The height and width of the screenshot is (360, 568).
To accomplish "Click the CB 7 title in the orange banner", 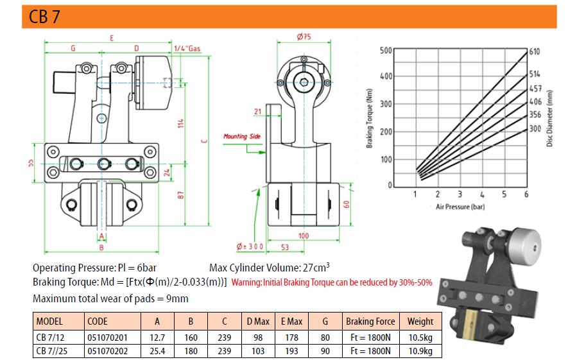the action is [44, 17].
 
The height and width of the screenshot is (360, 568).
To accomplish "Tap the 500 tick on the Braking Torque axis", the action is [386, 50].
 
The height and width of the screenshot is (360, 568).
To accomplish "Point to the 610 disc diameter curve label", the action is [535, 51].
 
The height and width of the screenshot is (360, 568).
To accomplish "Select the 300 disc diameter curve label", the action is [535, 128].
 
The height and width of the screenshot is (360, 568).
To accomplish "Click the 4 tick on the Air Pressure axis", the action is [482, 194].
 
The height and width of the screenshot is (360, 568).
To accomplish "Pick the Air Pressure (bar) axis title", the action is [460, 207].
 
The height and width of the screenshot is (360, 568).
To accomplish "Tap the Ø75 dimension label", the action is [304, 37].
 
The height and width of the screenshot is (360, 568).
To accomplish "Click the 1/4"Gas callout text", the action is [187, 49].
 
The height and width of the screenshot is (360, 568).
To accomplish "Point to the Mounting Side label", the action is [242, 136].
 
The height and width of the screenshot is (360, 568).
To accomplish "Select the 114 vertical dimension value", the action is [181, 123].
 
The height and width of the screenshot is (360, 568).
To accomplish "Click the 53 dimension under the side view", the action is [285, 247].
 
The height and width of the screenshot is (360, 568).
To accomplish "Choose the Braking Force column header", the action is [370, 321].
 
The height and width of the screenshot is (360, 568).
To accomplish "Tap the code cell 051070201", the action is [108, 338].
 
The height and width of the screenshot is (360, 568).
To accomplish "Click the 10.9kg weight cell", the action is [420, 351].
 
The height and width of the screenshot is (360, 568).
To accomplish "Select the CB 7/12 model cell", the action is [50, 338].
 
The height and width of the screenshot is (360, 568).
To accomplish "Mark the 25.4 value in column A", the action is [157, 351].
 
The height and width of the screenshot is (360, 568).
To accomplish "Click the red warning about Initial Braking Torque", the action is [332, 282].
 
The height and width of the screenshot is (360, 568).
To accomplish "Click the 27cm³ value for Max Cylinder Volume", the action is [316, 268].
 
